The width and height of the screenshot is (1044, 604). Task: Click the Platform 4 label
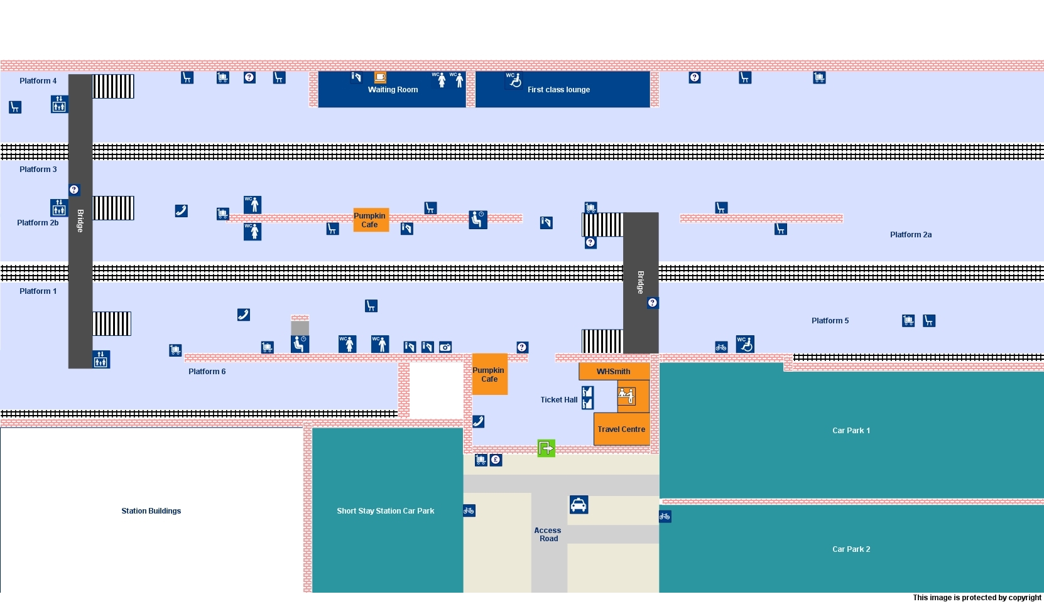38,81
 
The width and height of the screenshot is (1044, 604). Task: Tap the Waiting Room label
393,90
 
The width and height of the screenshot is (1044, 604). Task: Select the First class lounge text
558,90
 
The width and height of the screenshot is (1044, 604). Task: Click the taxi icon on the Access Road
579,505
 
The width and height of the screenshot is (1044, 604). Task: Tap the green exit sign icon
546,448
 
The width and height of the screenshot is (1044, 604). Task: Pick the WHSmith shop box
614,372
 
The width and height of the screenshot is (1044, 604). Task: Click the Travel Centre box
621,429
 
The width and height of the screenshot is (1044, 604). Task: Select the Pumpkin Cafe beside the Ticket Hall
489,375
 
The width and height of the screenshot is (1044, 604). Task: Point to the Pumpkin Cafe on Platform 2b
370,220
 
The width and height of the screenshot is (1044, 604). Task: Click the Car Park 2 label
851,549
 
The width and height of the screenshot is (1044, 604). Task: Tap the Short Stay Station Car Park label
385,511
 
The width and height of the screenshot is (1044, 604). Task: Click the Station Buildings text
151,511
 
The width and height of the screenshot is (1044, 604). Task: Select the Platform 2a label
910,235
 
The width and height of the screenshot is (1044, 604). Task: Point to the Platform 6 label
207,372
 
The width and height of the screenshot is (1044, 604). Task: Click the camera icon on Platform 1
445,347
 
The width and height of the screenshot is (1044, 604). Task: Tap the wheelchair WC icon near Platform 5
745,344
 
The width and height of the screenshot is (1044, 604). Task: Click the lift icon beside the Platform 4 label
59,104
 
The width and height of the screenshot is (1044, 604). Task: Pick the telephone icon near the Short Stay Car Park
478,422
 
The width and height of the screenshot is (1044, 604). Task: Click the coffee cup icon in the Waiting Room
380,77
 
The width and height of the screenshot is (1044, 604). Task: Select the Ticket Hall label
558,400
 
